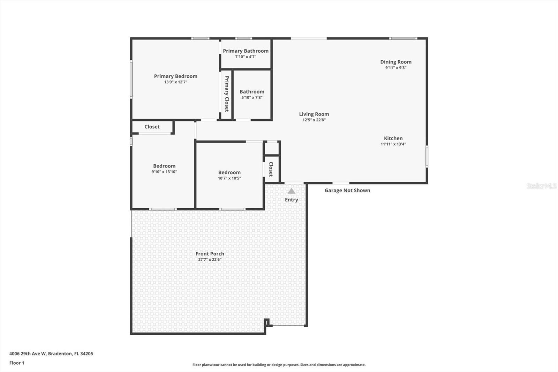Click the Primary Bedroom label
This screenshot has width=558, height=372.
click(x=176, y=76)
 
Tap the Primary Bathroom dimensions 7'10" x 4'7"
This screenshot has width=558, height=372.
click(x=246, y=57)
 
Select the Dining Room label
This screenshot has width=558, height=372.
click(x=396, y=62)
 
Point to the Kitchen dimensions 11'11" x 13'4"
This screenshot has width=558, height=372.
click(x=393, y=144)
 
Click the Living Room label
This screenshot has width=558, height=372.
click(x=314, y=114)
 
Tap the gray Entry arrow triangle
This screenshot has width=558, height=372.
click(x=292, y=191)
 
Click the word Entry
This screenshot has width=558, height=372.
click(x=292, y=200)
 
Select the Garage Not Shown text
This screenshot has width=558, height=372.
click(x=347, y=191)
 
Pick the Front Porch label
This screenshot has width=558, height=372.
click(x=210, y=254)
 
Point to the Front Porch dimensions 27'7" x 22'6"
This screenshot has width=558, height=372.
click(x=210, y=259)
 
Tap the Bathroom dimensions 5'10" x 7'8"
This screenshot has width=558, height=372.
click(x=252, y=97)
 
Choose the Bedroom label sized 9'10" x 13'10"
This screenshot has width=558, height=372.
click(x=164, y=166)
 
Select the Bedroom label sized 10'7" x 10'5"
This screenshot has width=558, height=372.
click(x=229, y=172)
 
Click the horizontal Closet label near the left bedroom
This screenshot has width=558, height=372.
click(x=152, y=127)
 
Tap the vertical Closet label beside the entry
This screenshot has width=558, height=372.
click(x=271, y=169)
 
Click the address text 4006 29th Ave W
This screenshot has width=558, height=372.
click(x=28, y=354)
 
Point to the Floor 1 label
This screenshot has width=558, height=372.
click(x=17, y=363)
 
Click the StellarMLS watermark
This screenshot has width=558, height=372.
click(x=541, y=186)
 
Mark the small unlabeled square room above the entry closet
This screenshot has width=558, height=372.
click(x=272, y=148)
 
